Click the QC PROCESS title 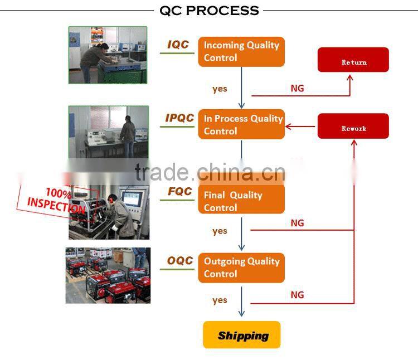point(209,11)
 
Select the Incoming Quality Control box point(241,52)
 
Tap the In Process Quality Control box point(241,124)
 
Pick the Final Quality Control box point(241,200)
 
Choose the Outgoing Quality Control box point(241,268)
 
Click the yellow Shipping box point(241,335)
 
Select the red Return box point(353,60)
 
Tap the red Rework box point(353,126)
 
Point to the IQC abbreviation point(178,45)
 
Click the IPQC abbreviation point(179,118)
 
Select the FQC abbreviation point(180,191)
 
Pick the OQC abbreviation point(180,261)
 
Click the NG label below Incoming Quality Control point(297,88)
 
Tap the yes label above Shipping point(220,300)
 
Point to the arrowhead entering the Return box point(350,77)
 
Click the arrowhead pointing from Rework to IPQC point(288,127)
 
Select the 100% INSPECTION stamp point(58,201)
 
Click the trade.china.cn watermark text point(210,172)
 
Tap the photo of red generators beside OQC point(108,275)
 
